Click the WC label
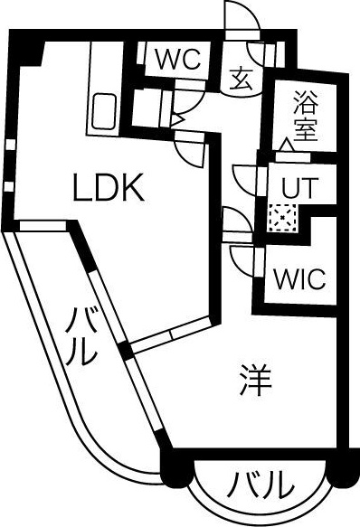tap(178, 61)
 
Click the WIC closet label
tap(299, 278)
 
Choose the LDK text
tap(108, 188)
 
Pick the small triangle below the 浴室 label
tap(286, 145)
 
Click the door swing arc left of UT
tap(243, 176)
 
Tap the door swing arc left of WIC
tap(242, 260)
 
